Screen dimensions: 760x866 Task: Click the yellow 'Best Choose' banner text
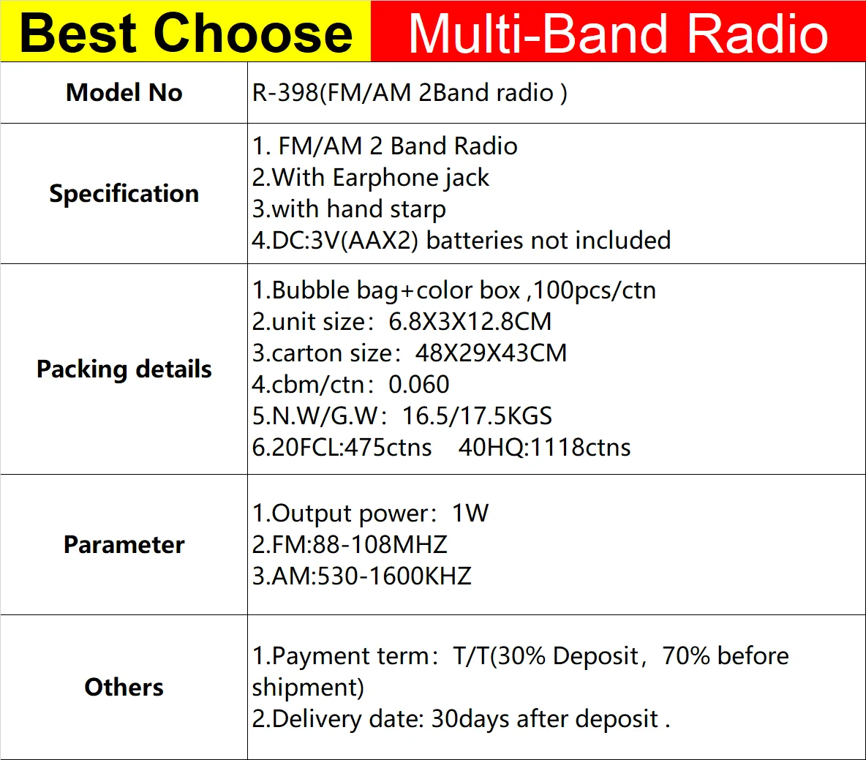click(x=186, y=33)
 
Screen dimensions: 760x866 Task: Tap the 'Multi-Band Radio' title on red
click(x=618, y=33)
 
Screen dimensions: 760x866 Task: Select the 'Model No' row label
click(x=124, y=93)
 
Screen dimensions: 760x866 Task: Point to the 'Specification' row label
click(x=124, y=194)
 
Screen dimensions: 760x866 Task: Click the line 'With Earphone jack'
click(x=372, y=178)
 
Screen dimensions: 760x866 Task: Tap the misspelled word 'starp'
click(x=418, y=209)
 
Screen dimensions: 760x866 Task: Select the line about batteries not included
click(x=461, y=241)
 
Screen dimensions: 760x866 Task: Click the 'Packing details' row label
click(x=124, y=369)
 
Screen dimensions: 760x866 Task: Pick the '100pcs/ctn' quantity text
click(x=594, y=290)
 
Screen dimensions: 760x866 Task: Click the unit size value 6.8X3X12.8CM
click(x=470, y=322)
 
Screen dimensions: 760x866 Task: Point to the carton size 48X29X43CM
click(x=491, y=353)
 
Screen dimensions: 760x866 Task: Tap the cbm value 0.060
click(x=419, y=385)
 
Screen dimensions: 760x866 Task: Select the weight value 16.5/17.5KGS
click(x=477, y=416)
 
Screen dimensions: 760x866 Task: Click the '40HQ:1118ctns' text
click(x=544, y=448)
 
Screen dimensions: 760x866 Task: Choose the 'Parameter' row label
click(x=124, y=545)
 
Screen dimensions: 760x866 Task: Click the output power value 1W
click(x=470, y=513)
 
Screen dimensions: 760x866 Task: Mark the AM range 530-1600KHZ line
click(x=362, y=576)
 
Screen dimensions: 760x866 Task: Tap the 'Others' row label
click(x=124, y=688)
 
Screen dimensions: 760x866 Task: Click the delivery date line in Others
click(x=461, y=719)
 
